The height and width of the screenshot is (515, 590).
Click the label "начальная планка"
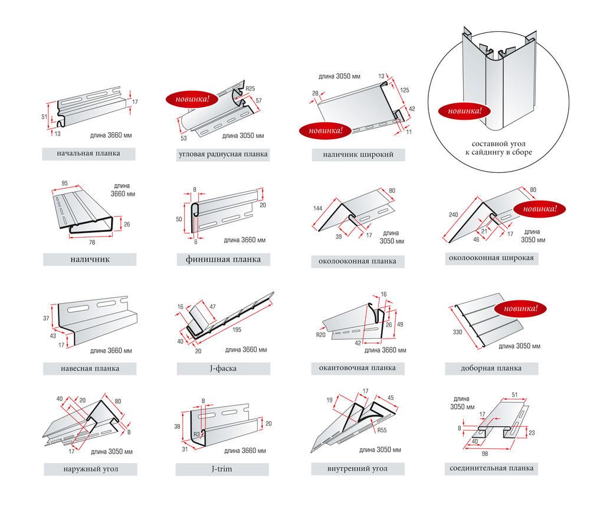(88, 154)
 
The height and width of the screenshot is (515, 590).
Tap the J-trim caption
(223, 470)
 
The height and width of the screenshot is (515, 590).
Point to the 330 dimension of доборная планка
(457, 333)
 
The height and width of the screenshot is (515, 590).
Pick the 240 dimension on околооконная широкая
(454, 215)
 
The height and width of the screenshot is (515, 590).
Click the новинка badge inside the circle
(464, 110)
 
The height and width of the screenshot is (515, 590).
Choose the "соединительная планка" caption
(491, 468)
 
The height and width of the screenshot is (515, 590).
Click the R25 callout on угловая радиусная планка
(250, 88)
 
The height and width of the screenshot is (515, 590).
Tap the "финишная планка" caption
(223, 260)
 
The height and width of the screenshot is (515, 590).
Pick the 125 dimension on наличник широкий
(404, 90)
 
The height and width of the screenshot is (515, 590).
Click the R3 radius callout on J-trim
(198, 435)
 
